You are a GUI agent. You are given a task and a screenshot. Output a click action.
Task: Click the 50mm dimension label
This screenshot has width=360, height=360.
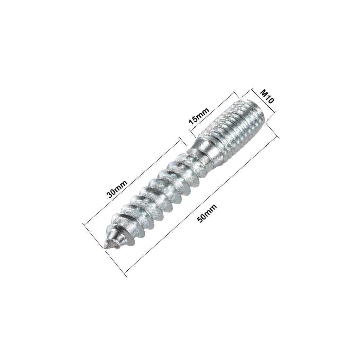(208, 213)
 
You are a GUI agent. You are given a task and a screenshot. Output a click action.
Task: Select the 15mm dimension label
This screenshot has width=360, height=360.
(198, 117)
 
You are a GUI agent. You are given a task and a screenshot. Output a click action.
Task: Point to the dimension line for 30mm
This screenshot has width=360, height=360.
(131, 183)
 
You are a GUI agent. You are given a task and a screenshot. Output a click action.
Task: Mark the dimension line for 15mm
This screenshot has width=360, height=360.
(213, 113)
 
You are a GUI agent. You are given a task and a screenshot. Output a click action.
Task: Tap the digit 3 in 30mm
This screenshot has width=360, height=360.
(111, 196)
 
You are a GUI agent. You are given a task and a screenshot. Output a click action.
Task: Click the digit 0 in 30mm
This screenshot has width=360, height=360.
(114, 192)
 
